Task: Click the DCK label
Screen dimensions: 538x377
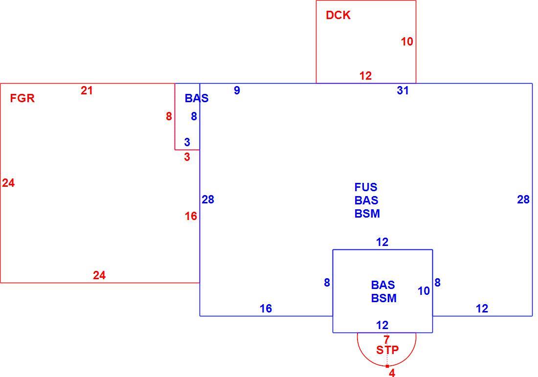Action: [x=338, y=15]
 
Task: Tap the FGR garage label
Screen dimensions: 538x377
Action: [x=22, y=98]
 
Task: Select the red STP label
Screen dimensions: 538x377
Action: [x=387, y=350]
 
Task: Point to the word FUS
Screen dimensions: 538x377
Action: [x=366, y=187]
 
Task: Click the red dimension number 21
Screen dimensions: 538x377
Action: [x=87, y=90]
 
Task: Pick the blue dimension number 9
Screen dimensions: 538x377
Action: [x=237, y=90]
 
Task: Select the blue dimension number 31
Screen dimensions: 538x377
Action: [x=403, y=90]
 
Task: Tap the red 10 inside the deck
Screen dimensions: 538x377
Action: [x=407, y=42]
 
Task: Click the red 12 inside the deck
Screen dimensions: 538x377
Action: [x=365, y=76]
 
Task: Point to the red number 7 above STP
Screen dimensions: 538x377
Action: [x=387, y=339]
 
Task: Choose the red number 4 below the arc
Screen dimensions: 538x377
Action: [x=392, y=373]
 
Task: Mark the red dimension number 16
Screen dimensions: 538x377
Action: [x=191, y=216]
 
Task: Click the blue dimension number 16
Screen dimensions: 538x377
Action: [x=266, y=309]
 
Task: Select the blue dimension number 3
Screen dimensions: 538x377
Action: [x=187, y=142]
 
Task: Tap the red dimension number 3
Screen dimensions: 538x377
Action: [x=187, y=157]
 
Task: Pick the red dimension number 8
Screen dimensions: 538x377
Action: [x=169, y=116]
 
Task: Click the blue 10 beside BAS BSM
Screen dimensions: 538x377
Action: [x=424, y=291]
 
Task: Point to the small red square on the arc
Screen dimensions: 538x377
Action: [x=387, y=366]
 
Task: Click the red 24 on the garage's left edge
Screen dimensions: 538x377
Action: [x=8, y=183]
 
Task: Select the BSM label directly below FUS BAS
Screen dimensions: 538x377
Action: [x=367, y=213]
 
